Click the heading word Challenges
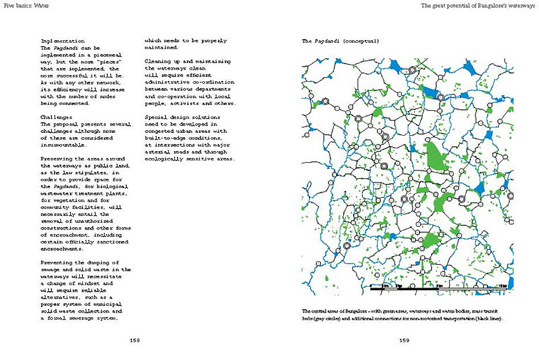coord(56,117)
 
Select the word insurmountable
coord(66,145)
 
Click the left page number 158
coord(135,340)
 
